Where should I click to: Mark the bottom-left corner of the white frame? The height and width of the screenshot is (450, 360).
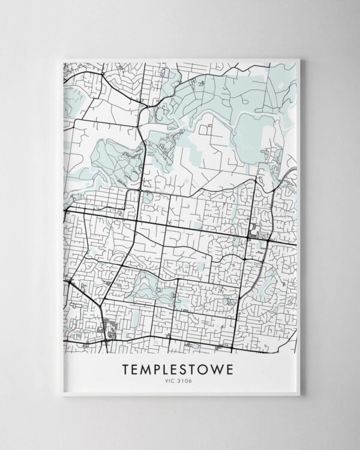point(55,398)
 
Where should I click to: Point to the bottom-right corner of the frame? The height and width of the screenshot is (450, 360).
point(304,398)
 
